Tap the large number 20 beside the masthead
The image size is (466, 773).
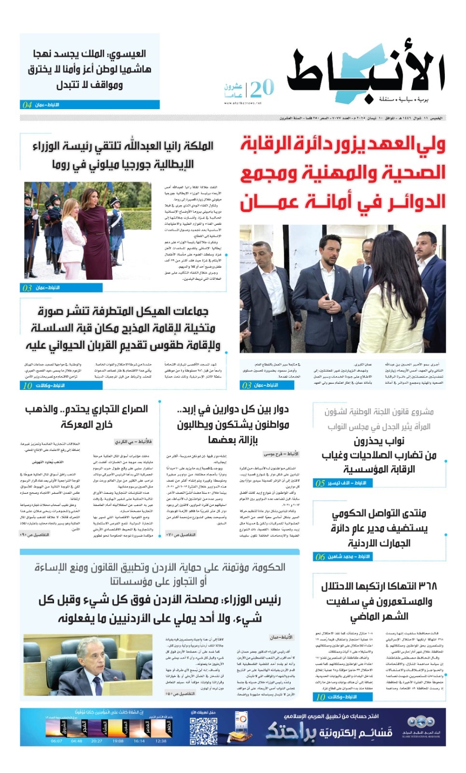pyautogui.click(x=262, y=88)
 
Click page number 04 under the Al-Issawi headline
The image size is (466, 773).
pyautogui.click(x=27, y=105)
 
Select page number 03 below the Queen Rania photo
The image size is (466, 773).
pyautogui.click(x=27, y=288)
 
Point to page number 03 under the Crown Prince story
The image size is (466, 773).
pyautogui.click(x=247, y=386)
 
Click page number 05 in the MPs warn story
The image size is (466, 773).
pyautogui.click(x=320, y=483)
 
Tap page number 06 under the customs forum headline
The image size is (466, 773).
pyautogui.click(x=320, y=557)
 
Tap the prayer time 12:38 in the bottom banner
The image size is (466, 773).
pyautogui.click(x=161, y=741)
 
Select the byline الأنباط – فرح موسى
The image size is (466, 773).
pyautogui.click(x=281, y=454)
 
